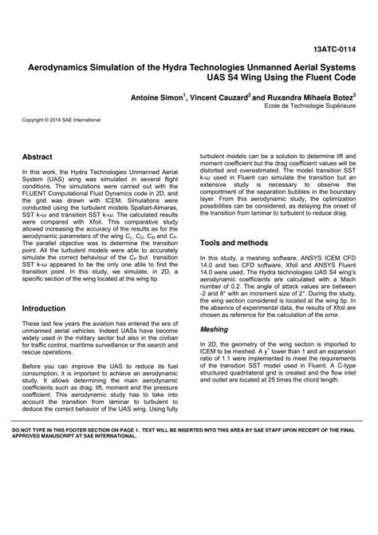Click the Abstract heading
37,158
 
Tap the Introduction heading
44,307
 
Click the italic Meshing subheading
213,328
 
